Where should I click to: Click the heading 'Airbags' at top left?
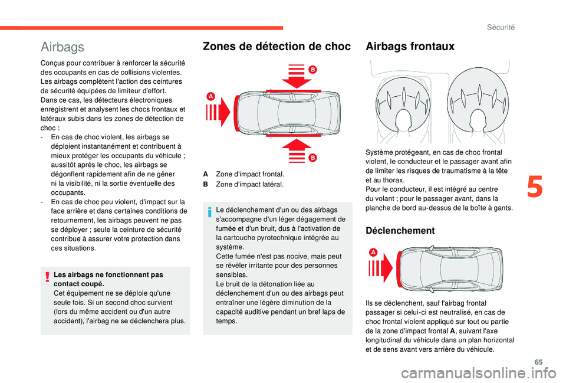tap(62, 47)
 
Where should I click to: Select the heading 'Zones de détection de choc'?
tap(277, 46)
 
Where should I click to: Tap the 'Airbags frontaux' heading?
tap(410, 46)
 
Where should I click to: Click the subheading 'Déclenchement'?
tap(400, 230)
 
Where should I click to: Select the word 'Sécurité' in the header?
tap(502, 27)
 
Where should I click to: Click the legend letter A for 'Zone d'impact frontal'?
tap(205, 174)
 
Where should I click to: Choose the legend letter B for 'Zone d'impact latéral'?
tap(205, 184)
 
